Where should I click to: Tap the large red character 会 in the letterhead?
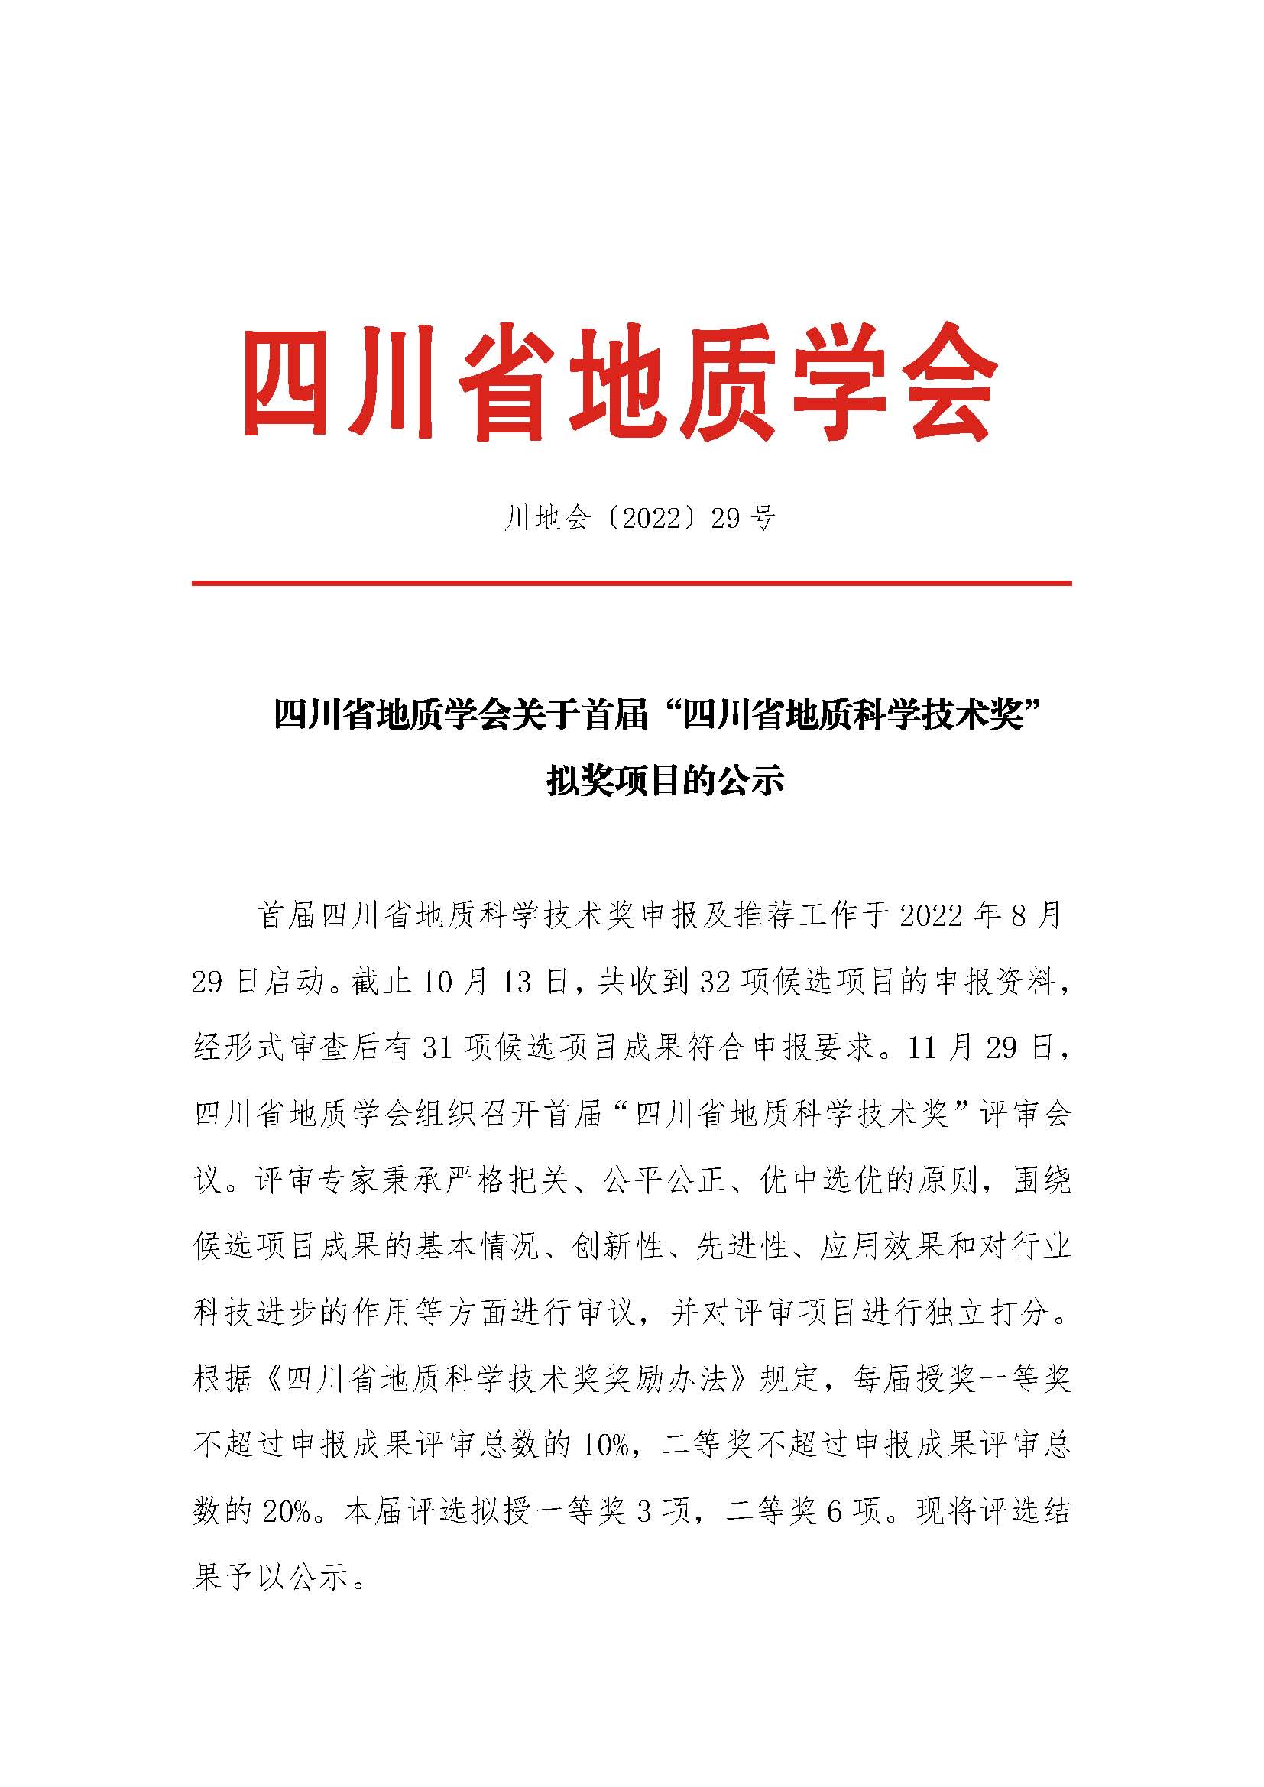pyautogui.click(x=943, y=383)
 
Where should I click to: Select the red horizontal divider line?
pyautogui.click(x=631, y=583)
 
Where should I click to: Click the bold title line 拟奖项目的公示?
pyautogui.click(x=665, y=782)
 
